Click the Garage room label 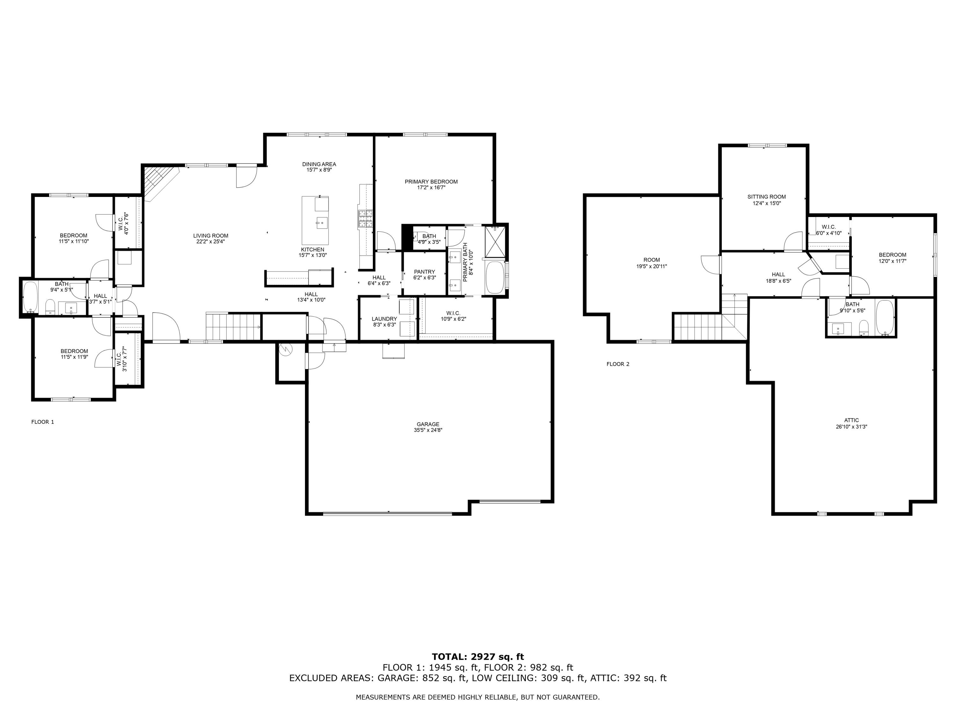click(428, 424)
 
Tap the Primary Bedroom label click(431, 182)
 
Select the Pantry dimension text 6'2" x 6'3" click(424, 278)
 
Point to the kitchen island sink click(322, 223)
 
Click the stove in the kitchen click(365, 219)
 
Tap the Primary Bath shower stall click(495, 241)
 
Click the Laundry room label click(384, 319)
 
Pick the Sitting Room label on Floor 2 click(767, 197)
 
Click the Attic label click(851, 420)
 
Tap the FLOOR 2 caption click(618, 364)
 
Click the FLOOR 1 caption click(43, 422)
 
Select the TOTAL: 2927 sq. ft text click(478, 657)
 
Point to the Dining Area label click(319, 164)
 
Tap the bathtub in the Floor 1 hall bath click(30, 297)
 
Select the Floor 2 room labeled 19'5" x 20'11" click(651, 263)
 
